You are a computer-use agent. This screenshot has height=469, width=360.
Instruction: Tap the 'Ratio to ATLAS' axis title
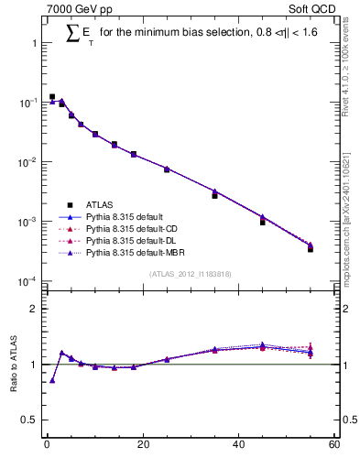tap(14, 367)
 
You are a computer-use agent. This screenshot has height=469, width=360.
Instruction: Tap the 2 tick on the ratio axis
tap(34, 309)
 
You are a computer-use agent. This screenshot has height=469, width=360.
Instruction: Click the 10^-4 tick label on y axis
tap(27, 281)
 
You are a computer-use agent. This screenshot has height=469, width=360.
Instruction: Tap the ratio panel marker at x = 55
tap(311, 352)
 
